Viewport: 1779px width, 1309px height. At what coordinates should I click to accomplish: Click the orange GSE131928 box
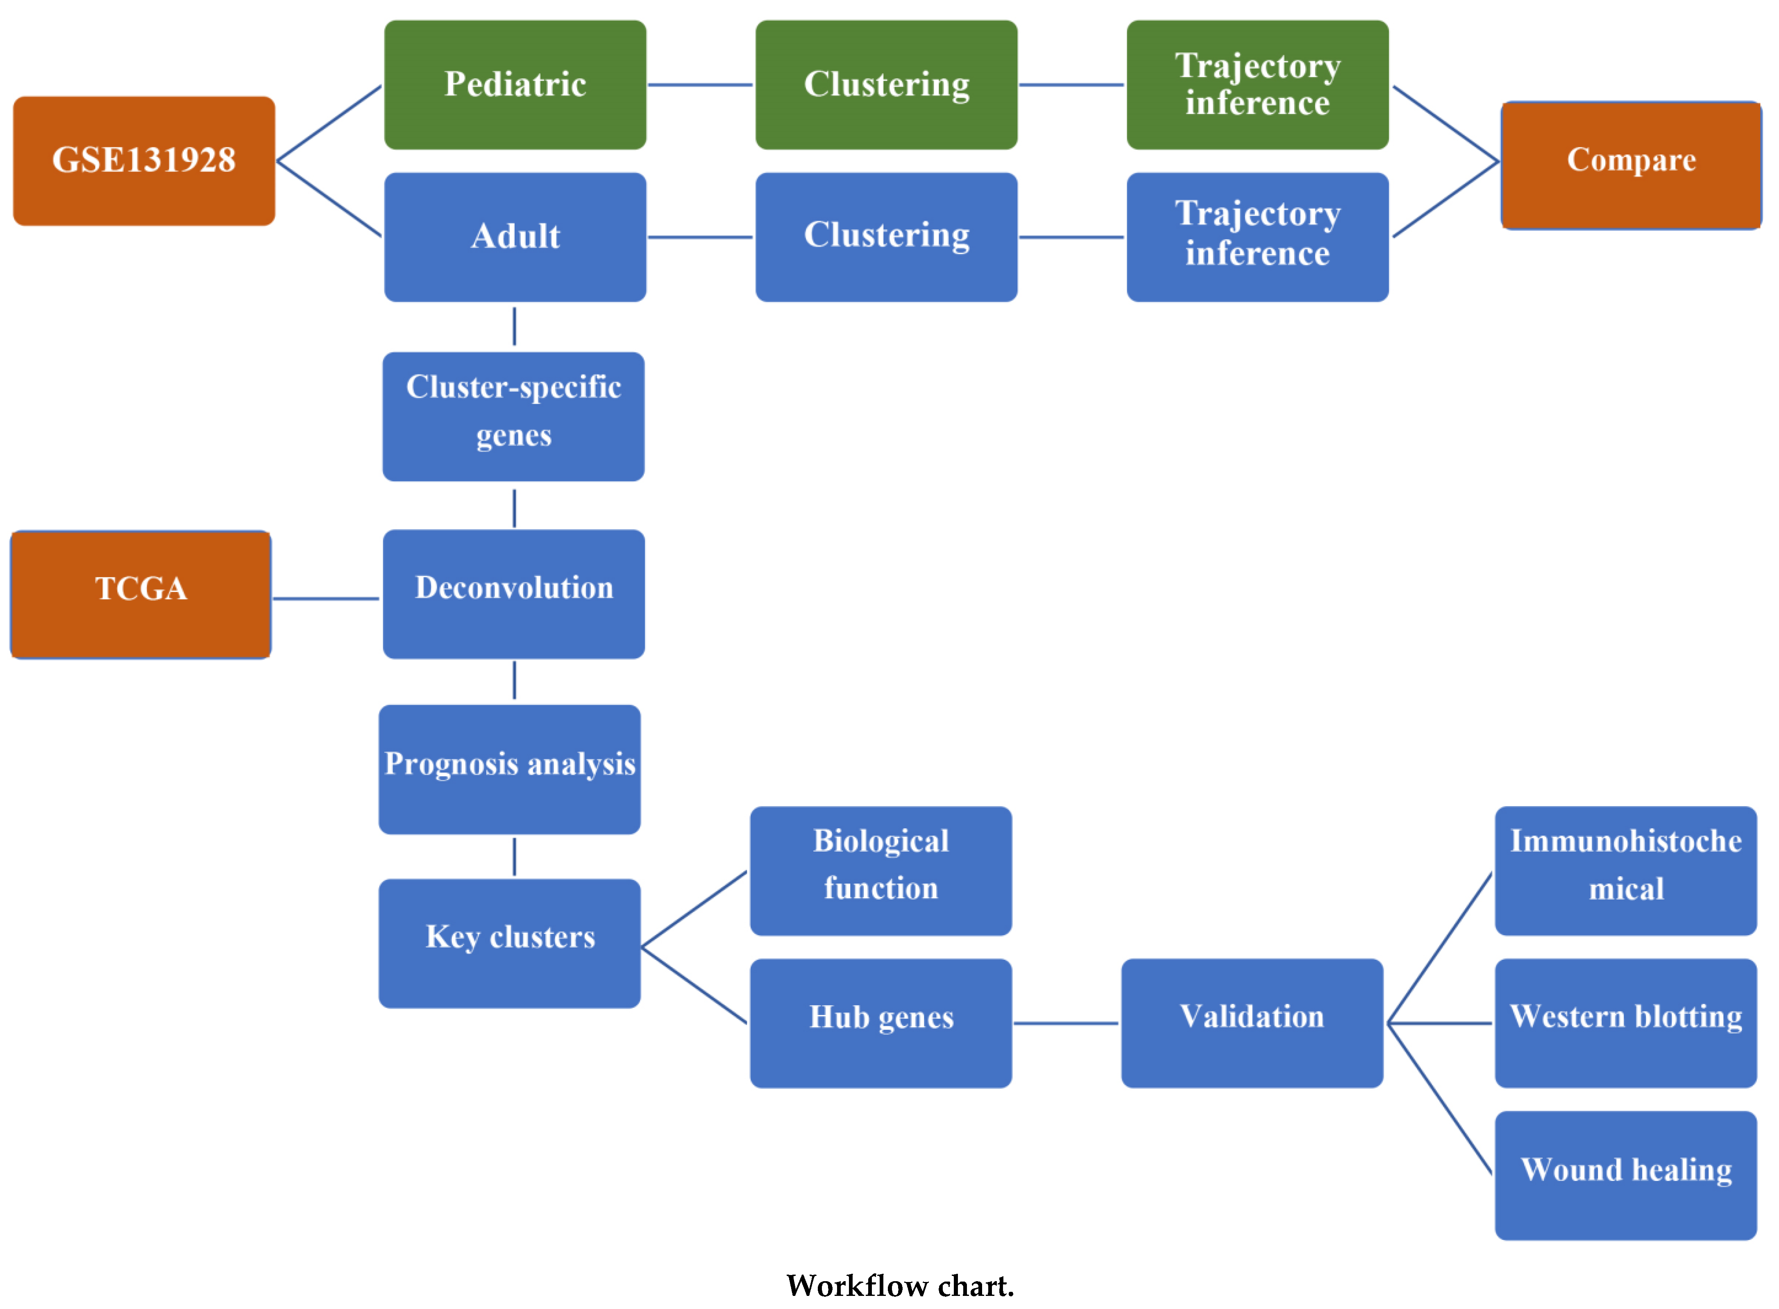click(x=143, y=161)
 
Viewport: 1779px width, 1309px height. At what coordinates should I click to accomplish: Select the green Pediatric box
click(x=515, y=85)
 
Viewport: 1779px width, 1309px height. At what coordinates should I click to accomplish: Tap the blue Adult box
click(x=515, y=237)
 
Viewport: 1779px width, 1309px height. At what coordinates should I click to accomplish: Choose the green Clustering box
click(x=885, y=85)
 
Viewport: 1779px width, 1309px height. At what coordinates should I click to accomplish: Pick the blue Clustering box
click(x=885, y=237)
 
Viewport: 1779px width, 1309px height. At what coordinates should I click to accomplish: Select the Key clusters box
click(x=509, y=943)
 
